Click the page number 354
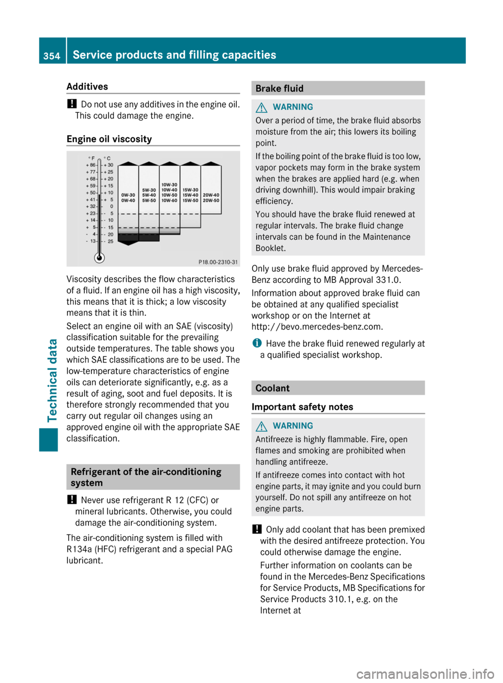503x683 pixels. coord(52,56)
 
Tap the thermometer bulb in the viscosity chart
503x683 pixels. coord(99,258)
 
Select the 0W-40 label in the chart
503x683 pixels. coord(128,200)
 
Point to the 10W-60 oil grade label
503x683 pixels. coord(169,200)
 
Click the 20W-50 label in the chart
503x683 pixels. coord(211,200)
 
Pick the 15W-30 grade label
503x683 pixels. coord(190,190)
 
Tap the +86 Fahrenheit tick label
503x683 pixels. coord(91,165)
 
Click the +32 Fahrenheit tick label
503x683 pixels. coord(91,207)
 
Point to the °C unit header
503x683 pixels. coord(107,158)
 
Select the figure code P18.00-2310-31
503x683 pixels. coord(218,262)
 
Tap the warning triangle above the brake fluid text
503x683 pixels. coord(261,108)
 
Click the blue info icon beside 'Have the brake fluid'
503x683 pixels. coord(257,343)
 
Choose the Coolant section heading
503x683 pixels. coord(272,388)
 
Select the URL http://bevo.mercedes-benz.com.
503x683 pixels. coord(317,327)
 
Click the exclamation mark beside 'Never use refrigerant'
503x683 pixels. coord(72,499)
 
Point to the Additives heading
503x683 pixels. coord(87,87)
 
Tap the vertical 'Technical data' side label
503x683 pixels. coord(52,380)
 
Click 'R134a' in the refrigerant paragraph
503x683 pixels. coord(79,549)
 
